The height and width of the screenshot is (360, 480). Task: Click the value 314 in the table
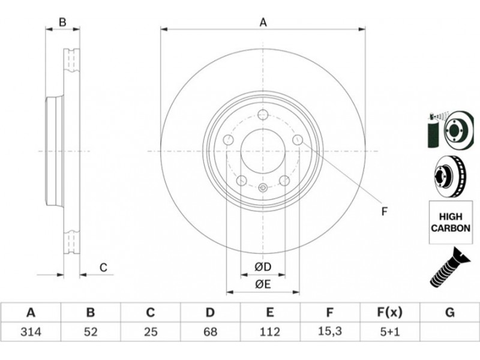pos(31,332)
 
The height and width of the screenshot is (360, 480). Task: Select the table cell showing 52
pos(91,332)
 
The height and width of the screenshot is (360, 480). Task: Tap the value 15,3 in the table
pos(329,331)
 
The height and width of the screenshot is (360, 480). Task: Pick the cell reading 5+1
pos(389,332)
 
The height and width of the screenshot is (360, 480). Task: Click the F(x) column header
pos(389,313)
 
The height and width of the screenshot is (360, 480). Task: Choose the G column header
pos(449,313)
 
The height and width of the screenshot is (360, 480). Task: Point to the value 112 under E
pos(269,332)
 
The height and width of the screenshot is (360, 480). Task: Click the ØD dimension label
pos(263,267)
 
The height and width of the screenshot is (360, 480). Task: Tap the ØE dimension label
pos(263,284)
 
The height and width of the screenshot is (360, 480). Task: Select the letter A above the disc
pos(263,22)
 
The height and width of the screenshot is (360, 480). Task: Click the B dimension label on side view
pos(62,22)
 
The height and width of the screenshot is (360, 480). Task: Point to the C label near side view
pos(103,268)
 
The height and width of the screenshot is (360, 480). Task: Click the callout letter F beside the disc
pos(385,211)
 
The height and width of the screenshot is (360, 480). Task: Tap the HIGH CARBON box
pos(451,222)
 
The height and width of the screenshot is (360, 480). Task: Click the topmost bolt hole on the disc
pos(263,115)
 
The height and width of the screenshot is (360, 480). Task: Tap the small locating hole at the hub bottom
pos(263,187)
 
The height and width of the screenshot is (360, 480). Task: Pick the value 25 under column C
pos(151,332)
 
